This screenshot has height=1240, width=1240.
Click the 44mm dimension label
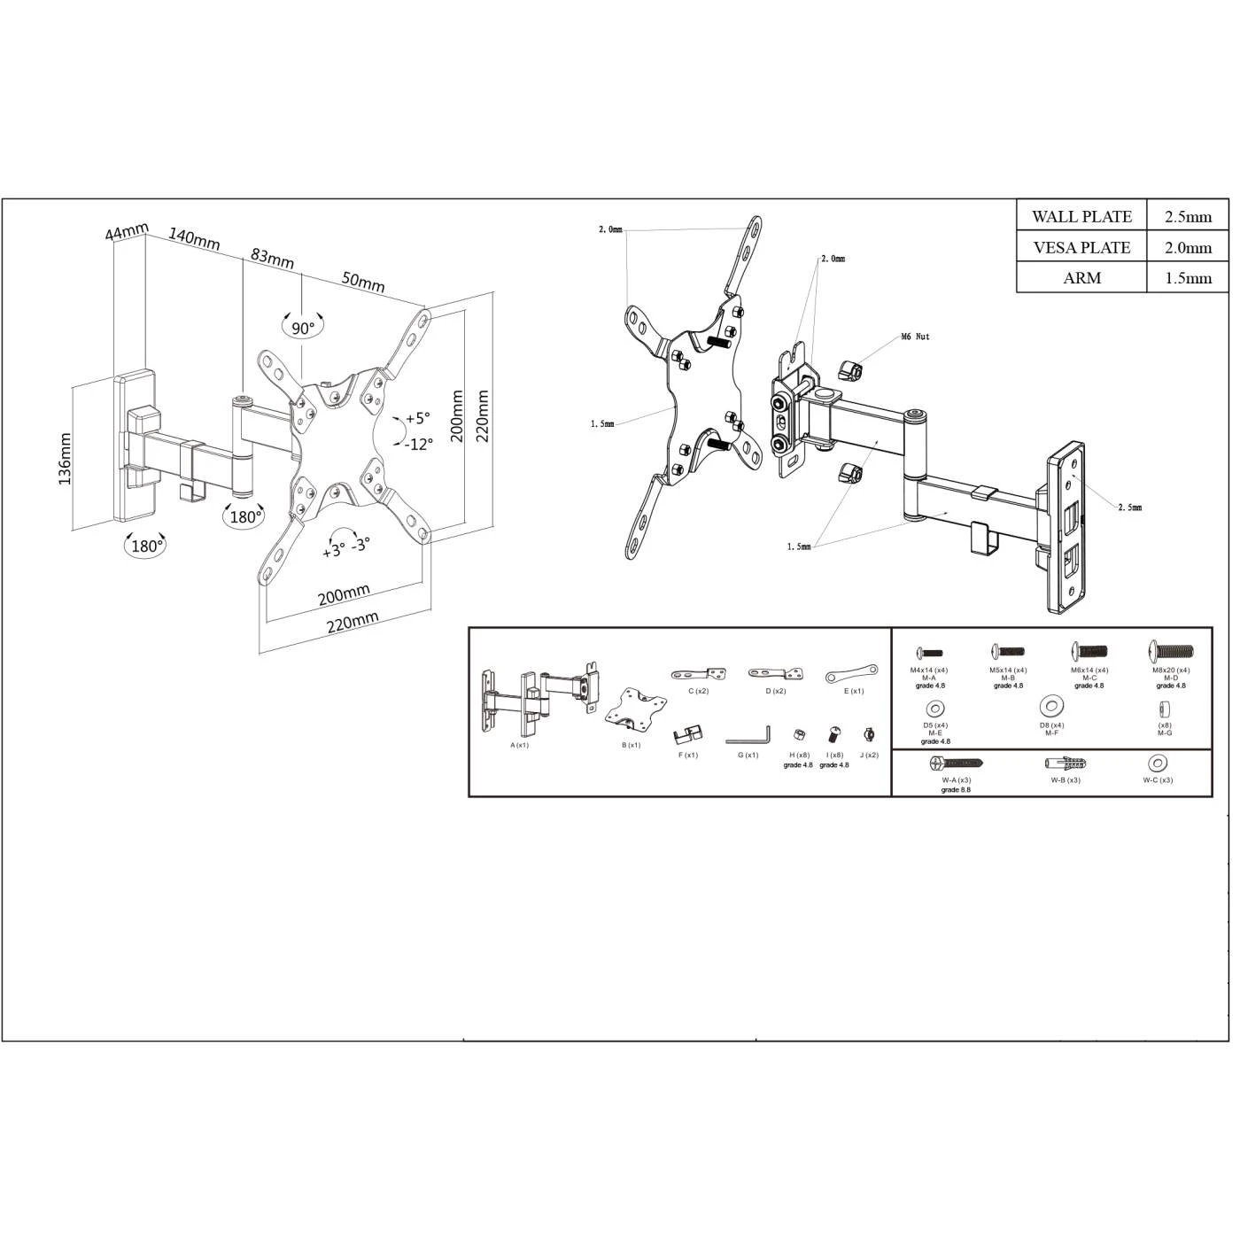[x=126, y=233]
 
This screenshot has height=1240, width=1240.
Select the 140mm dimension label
[x=194, y=239]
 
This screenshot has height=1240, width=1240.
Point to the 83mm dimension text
[x=272, y=258]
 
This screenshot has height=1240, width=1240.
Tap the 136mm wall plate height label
[x=65, y=459]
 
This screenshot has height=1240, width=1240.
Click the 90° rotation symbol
[x=303, y=327]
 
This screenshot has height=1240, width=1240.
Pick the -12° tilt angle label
[x=419, y=445]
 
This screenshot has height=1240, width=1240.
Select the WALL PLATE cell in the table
[x=1081, y=217]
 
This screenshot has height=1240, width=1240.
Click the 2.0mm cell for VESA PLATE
[x=1188, y=248]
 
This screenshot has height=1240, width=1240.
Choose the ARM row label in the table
[x=1081, y=278]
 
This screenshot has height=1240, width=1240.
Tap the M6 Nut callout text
[x=915, y=337]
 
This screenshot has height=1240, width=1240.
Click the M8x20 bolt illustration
[x=1171, y=651]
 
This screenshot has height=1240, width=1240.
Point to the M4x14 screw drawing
[x=928, y=653]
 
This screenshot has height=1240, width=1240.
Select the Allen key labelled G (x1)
[x=748, y=736]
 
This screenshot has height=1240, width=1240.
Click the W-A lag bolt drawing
[x=956, y=763]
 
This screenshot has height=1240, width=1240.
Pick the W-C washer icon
[x=1157, y=763]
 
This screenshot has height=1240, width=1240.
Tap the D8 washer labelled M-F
[x=1051, y=707]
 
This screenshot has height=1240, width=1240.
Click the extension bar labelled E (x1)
[x=851, y=675]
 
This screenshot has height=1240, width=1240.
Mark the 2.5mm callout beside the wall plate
[x=1129, y=508]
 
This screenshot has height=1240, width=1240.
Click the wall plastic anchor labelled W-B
[x=1066, y=763]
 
